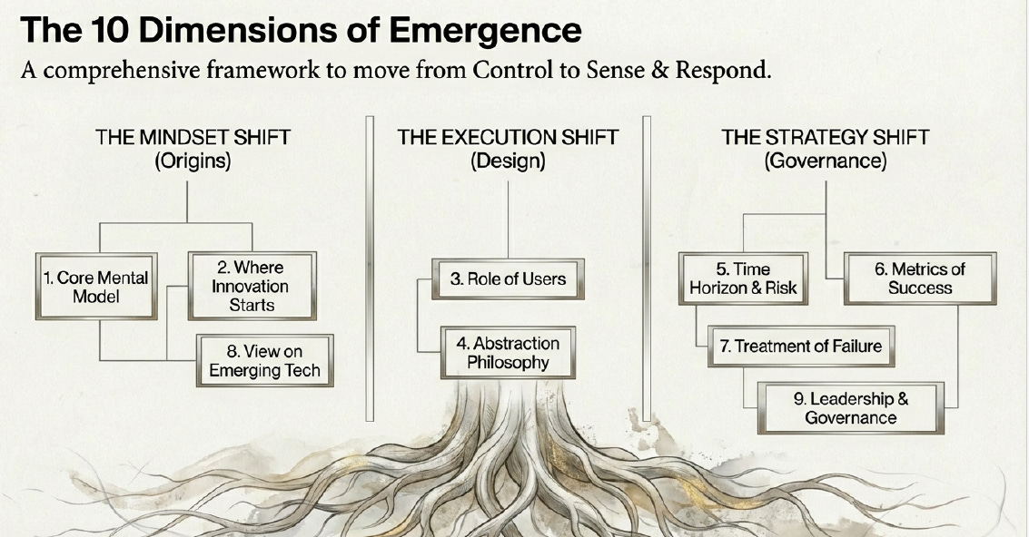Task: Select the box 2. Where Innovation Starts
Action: point(252,286)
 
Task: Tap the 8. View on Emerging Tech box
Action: point(264,360)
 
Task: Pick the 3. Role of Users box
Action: point(507,278)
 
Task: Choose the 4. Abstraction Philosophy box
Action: point(508,352)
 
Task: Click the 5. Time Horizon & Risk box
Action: point(743,278)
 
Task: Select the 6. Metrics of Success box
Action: point(920,278)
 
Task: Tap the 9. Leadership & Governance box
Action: point(850,408)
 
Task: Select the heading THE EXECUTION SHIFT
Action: point(508,138)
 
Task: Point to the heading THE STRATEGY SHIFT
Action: point(825,138)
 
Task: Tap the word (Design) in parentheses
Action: point(508,161)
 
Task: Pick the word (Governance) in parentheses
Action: point(825,161)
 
